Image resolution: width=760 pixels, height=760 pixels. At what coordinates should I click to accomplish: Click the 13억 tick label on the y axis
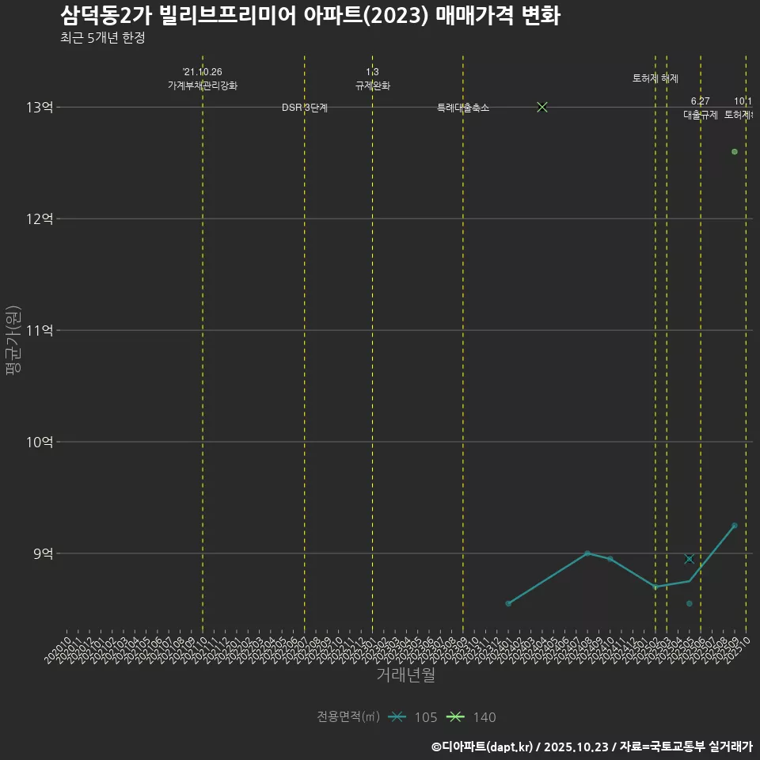40,107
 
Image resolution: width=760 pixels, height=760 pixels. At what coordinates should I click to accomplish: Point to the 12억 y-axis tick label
40,218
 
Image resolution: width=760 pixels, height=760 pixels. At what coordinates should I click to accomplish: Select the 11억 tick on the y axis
40,330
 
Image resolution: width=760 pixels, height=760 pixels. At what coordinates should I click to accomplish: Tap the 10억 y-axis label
40,442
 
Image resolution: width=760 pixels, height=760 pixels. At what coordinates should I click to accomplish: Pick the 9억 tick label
43,553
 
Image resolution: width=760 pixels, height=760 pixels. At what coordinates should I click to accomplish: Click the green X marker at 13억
542,107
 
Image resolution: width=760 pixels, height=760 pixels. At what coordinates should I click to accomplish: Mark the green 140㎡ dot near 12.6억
735,151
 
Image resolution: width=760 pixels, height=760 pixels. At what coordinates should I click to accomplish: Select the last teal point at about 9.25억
735,526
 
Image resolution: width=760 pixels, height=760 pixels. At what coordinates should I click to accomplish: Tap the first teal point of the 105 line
508,604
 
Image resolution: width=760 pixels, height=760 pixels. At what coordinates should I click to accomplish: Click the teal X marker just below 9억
690,559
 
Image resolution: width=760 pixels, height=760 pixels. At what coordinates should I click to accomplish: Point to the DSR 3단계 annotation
305,108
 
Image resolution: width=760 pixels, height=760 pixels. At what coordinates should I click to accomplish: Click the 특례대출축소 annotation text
463,108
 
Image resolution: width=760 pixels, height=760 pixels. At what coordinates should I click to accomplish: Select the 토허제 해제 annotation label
655,78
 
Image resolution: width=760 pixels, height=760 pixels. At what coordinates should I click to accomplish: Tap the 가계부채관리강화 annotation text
203,85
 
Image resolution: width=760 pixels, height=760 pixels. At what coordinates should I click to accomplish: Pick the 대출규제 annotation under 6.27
701,115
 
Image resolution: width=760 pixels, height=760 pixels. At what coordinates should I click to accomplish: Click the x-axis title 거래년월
405,675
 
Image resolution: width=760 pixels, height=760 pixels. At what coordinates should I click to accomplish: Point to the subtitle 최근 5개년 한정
102,37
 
